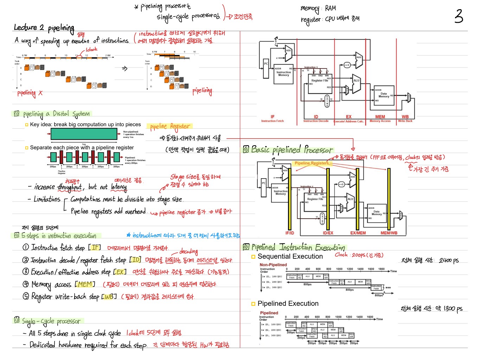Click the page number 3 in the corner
click(459, 16)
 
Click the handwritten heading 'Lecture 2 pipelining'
click(44, 27)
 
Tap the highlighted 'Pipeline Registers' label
click(312, 163)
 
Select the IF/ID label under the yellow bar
click(290, 233)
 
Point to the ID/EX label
click(328, 233)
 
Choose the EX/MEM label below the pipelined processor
click(358, 233)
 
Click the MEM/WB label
click(389, 233)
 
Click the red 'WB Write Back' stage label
click(405, 118)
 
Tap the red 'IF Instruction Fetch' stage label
click(273, 118)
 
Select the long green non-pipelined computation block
click(84, 134)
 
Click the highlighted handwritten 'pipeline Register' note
click(170, 126)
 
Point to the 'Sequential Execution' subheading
click(290, 257)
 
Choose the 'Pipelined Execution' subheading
click(288, 304)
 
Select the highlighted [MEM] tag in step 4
click(85, 284)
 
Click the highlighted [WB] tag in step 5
click(109, 296)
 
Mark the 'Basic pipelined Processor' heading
click(292, 150)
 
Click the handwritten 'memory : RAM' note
click(318, 8)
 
